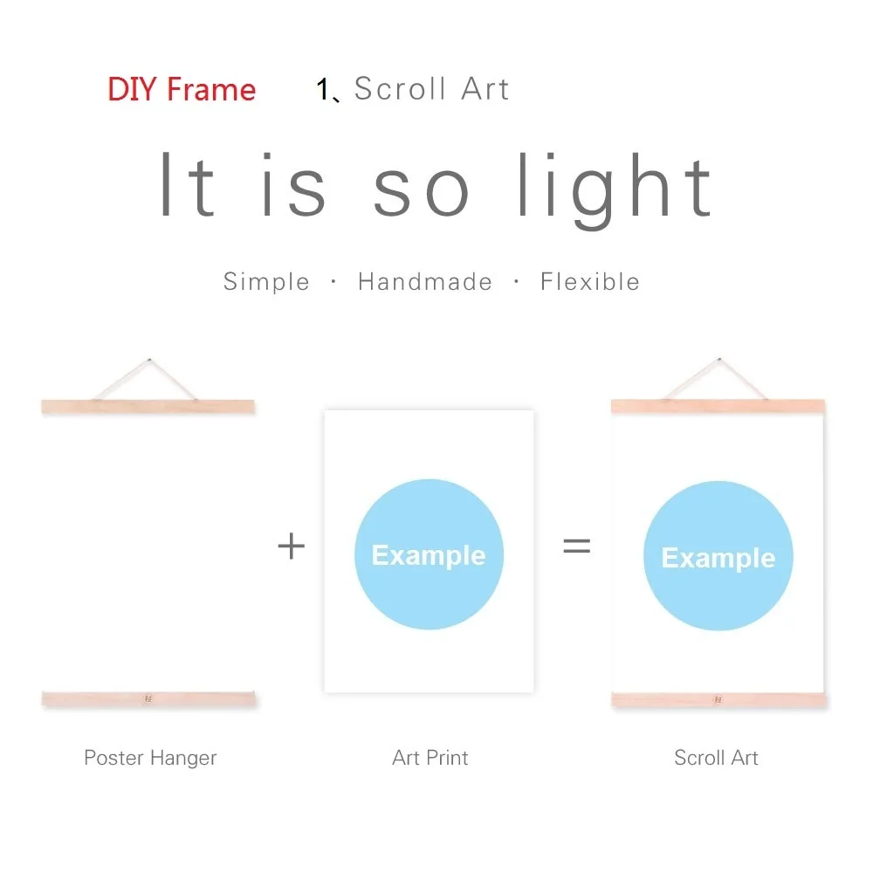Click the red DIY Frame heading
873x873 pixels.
pyautogui.click(x=182, y=89)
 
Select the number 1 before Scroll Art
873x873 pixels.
pyautogui.click(x=322, y=89)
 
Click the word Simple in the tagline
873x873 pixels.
pyautogui.click(x=266, y=282)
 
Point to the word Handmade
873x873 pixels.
pyautogui.click(x=425, y=282)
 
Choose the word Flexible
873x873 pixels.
pyautogui.click(x=590, y=282)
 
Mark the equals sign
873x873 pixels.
pyautogui.click(x=577, y=545)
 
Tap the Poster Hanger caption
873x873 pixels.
pyautogui.click(x=150, y=758)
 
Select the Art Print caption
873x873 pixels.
pyautogui.click(x=430, y=758)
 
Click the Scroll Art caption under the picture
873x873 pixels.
pyautogui.click(x=716, y=758)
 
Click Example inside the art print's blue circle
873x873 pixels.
pyautogui.click(x=429, y=555)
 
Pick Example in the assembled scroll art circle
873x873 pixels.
pyautogui.click(x=718, y=558)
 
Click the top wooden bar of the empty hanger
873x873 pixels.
pyautogui.click(x=148, y=407)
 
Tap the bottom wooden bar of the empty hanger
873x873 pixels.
pyautogui.click(x=148, y=698)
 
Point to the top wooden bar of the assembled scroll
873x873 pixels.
pyautogui.click(x=718, y=406)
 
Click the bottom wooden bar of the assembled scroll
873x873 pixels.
pyautogui.click(x=718, y=700)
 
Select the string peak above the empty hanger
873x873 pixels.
pyautogui.click(x=149, y=361)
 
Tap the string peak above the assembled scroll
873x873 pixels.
pyautogui.click(x=719, y=360)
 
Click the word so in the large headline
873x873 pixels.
pyautogui.click(x=421, y=191)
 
